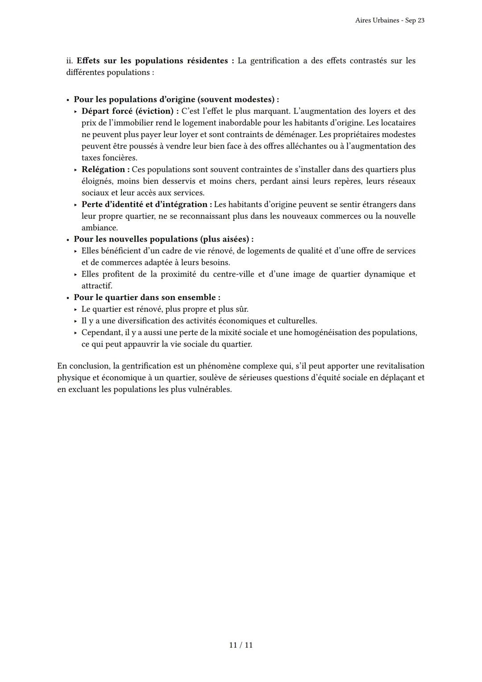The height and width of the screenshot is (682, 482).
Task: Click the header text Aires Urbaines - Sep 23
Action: click(390, 21)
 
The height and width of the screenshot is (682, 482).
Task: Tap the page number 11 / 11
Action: click(241, 645)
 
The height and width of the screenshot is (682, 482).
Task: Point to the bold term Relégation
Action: click(103, 170)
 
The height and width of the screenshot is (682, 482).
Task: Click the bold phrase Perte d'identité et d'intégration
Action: click(144, 205)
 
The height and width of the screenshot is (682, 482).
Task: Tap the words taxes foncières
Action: click(109, 158)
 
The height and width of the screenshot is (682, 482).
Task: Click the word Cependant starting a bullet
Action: click(101, 333)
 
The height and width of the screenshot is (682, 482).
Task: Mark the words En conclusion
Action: click(83, 366)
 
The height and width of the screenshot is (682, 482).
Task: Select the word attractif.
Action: click(96, 286)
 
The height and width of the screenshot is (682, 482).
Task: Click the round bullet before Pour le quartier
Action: click(68, 298)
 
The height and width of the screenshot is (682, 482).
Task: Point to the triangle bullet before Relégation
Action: click(75, 170)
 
